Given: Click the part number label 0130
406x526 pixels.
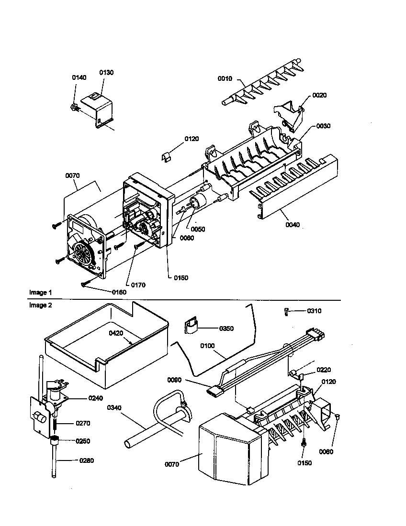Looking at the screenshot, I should [106, 72].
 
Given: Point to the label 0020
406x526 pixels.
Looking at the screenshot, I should [319, 95].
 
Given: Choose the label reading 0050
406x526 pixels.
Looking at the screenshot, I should [198, 229].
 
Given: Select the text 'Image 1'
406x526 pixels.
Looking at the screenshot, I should [40, 292].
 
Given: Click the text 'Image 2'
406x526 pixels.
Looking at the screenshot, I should [40, 305].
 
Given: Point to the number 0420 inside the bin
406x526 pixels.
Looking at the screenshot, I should [115, 333].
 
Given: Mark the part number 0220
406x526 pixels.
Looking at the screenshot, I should [323, 370].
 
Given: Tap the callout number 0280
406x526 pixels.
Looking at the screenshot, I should [87, 461].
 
